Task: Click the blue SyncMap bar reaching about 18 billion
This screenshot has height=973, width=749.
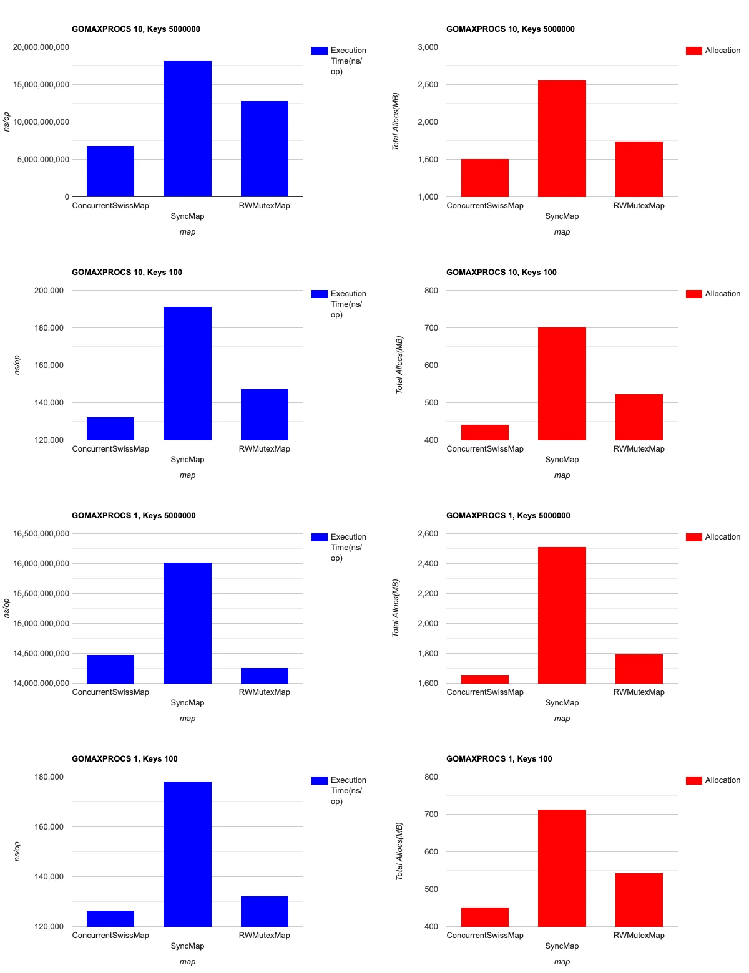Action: [187, 128]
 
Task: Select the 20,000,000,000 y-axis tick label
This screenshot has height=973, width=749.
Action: [41, 47]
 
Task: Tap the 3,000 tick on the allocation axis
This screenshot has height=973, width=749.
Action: [428, 47]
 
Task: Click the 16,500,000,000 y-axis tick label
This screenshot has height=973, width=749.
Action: [41, 534]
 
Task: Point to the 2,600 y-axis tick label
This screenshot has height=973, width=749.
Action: [428, 534]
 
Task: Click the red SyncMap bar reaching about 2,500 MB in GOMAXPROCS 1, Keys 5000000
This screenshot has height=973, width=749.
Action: [562, 615]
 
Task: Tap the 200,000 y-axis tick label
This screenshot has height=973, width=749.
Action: [49, 291]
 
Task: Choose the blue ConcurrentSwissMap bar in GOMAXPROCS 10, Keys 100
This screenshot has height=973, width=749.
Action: [110, 428]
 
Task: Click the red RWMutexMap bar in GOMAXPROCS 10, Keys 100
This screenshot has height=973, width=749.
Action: [639, 417]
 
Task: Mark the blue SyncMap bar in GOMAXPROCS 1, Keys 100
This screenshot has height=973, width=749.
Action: [187, 854]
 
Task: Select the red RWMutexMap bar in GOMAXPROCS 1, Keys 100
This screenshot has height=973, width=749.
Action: [639, 899]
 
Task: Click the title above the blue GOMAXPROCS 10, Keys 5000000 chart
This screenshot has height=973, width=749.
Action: [136, 29]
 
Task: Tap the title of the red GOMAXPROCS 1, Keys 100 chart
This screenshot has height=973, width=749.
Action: [499, 759]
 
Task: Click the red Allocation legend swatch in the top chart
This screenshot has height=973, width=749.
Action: [693, 51]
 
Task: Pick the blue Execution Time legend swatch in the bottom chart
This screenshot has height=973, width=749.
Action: [319, 780]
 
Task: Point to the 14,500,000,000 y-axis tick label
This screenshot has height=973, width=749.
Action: [41, 654]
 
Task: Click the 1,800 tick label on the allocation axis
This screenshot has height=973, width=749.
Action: [428, 654]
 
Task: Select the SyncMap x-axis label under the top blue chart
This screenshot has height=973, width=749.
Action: [187, 216]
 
